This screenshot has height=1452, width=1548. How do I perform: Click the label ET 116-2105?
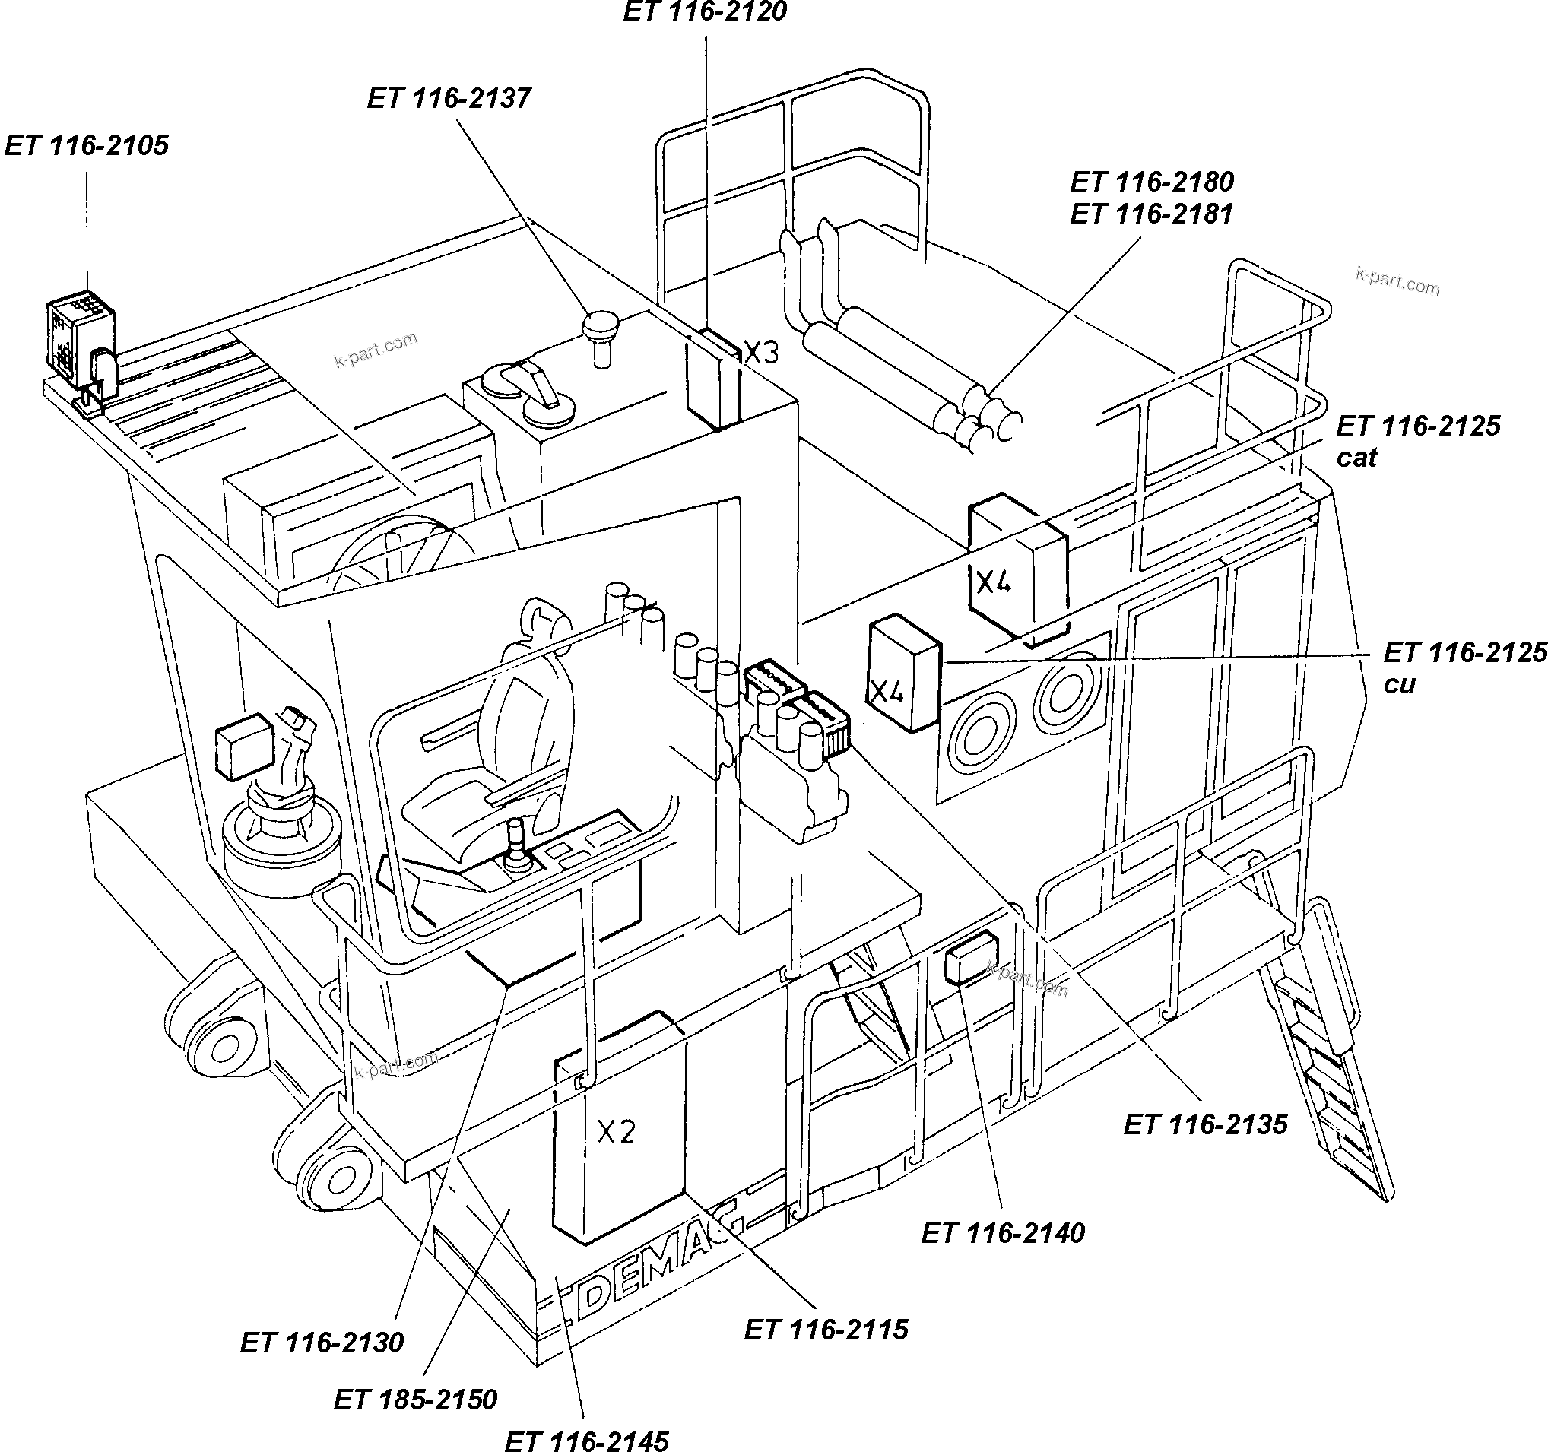point(87,146)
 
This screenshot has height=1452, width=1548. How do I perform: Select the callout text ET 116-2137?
point(449,98)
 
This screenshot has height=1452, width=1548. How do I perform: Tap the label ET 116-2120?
point(705,11)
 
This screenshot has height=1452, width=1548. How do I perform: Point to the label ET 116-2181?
point(1152,214)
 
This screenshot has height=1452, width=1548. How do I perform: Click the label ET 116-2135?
point(1205,1125)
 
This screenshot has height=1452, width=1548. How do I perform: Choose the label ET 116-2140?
point(1003,1233)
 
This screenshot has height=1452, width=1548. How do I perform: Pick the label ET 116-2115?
point(826,1329)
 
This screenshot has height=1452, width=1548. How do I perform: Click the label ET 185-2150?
point(415,1399)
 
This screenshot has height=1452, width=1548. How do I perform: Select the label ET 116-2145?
point(586,1441)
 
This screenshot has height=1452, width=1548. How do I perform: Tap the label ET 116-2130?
point(322,1343)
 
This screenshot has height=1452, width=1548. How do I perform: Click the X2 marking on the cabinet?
point(616,1132)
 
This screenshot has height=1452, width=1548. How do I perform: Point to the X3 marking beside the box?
point(761,353)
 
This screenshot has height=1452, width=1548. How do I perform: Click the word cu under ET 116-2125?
point(1399,684)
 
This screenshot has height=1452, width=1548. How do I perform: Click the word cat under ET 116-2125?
point(1356,458)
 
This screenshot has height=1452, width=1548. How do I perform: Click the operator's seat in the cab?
point(506,747)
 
